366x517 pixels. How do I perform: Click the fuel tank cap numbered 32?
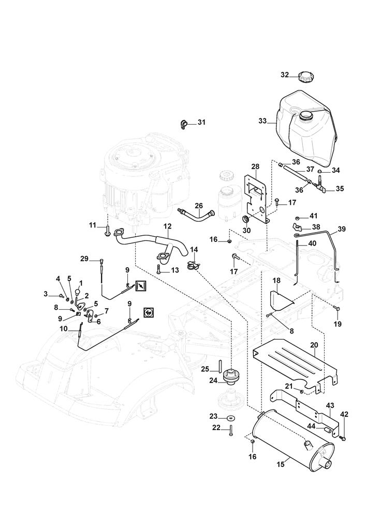306,77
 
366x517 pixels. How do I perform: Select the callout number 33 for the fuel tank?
262,120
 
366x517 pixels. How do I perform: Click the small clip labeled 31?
184,124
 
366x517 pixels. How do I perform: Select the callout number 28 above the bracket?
255,166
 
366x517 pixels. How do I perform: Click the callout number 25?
204,369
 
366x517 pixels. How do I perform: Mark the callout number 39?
342,229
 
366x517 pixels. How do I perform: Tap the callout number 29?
84,258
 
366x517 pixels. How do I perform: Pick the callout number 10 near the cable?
64,328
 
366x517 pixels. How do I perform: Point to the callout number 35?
340,189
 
